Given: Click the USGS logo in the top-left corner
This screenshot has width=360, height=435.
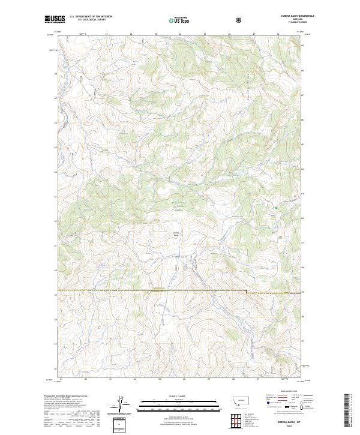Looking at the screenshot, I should tap(55, 20).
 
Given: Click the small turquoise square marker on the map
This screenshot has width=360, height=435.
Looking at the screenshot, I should tap(275, 208).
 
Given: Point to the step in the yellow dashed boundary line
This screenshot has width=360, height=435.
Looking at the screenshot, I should tap(245, 292).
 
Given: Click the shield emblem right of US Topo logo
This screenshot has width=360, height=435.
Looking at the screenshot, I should tap(205, 20).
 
